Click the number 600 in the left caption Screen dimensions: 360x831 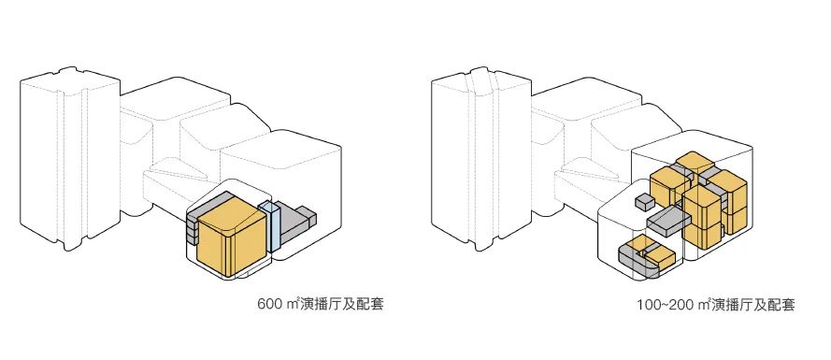pyautogui.click(x=269, y=306)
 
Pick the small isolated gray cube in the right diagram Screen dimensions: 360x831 pyautogui.click(x=642, y=202)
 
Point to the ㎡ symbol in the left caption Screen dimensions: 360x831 pyautogui.click(x=293, y=306)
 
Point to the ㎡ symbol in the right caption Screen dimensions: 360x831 pyautogui.click(x=703, y=306)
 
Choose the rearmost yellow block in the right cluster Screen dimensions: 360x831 pyautogui.click(x=692, y=162)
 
